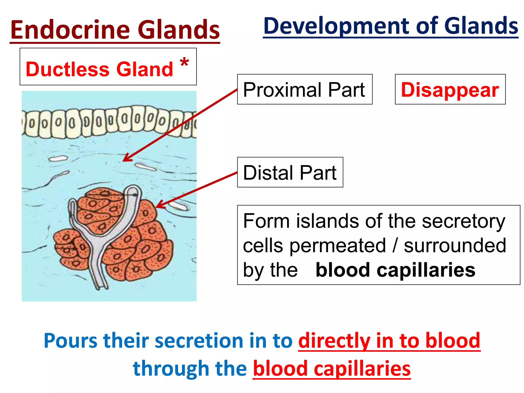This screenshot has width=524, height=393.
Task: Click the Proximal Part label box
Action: click(x=304, y=90)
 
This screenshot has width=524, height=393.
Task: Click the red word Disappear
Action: click(x=450, y=90)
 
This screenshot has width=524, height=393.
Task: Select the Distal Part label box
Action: click(x=290, y=172)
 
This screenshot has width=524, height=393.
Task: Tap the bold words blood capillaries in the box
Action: click(x=395, y=270)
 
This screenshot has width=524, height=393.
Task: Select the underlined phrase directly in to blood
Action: click(x=389, y=341)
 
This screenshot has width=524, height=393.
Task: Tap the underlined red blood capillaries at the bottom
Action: click(x=332, y=368)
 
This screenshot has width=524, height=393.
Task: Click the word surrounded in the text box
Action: click(x=455, y=246)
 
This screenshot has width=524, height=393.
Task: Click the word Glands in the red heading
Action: click(x=179, y=30)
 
